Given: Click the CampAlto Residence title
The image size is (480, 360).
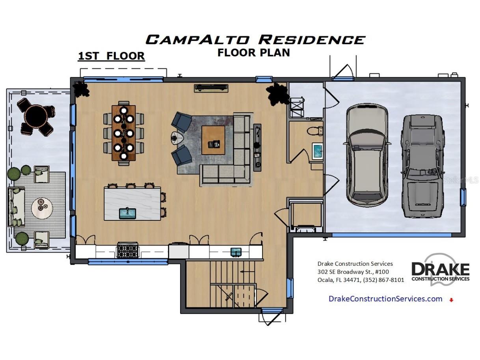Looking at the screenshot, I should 255,39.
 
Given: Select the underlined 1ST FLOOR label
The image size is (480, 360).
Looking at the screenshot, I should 111,56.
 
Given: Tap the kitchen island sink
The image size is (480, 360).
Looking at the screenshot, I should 127,213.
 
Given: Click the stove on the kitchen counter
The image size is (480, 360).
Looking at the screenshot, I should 128,250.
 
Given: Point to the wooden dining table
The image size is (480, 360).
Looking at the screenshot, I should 123,133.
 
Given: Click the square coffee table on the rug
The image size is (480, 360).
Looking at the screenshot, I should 213,140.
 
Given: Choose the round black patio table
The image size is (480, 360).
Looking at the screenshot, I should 36,115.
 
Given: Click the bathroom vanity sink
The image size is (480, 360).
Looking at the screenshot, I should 317,152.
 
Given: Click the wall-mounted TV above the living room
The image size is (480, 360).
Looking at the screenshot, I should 211,88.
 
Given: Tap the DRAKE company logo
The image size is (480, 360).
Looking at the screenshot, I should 440,270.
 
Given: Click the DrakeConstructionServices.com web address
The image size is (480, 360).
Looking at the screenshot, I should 385,299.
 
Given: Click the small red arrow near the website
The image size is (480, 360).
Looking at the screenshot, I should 451,300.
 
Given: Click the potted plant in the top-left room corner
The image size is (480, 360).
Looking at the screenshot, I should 82,90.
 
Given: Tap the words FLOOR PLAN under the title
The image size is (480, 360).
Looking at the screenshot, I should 253,52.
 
